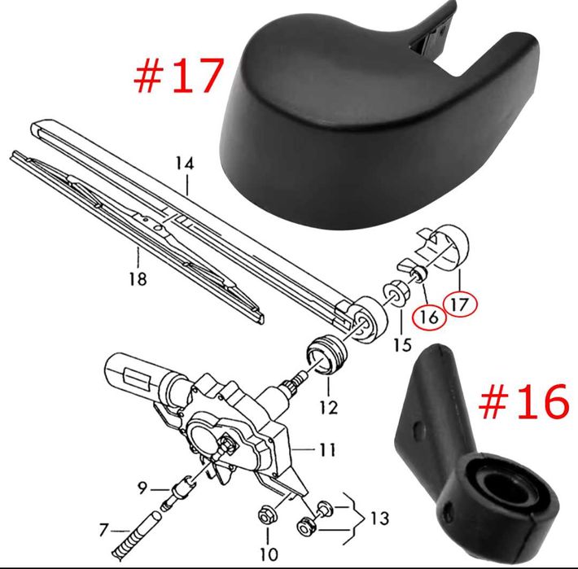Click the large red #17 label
tap(179, 75)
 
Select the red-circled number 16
tap(430, 317)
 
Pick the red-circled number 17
tap(460, 304)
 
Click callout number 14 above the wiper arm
tap(184, 164)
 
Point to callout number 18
tap(138, 278)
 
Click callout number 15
tap(402, 345)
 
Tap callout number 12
tap(329, 407)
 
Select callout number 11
tap(327, 449)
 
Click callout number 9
tap(142, 488)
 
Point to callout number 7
tap(104, 530)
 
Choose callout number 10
tap(269, 554)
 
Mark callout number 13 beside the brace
tap(379, 519)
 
